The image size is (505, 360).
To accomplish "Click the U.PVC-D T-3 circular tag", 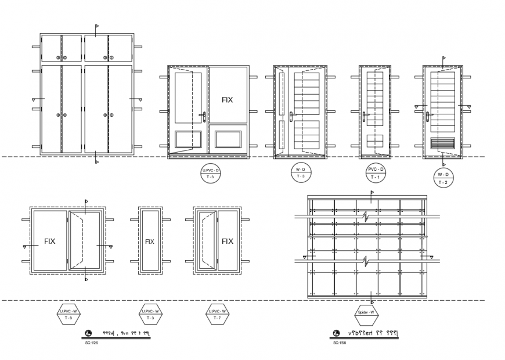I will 210,173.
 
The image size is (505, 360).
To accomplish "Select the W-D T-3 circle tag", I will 301,172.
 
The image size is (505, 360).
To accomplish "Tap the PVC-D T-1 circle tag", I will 374,172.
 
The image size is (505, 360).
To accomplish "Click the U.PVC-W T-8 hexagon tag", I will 68,315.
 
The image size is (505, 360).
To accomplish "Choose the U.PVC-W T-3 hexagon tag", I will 150,315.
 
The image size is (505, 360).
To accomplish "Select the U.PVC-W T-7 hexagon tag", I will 218,315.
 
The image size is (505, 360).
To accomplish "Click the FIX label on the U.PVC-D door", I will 227,100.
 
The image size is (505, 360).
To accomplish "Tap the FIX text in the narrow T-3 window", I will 150,242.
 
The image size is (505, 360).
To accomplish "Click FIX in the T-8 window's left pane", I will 50,242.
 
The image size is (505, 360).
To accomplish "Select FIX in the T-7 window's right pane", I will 228,242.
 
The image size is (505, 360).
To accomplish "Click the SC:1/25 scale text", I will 92,343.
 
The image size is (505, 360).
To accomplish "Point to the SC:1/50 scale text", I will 340,343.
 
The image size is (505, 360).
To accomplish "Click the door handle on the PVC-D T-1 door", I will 366,117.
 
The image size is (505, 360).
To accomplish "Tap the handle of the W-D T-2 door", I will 428,116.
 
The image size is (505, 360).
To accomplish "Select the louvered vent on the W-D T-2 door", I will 443,143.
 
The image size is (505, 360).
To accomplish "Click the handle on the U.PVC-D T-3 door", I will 203,116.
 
